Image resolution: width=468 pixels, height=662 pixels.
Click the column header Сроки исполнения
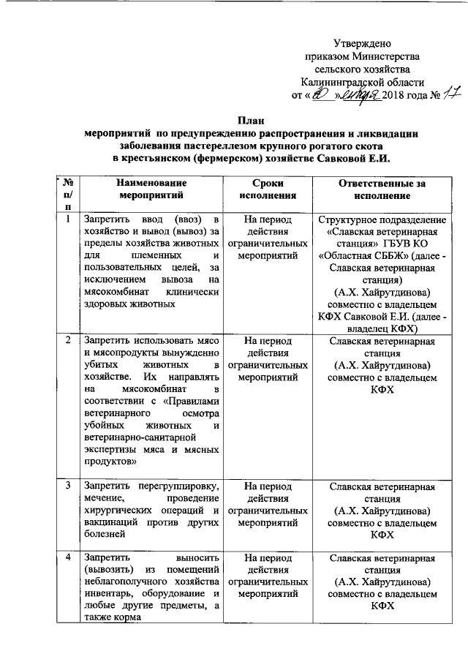click(266, 189)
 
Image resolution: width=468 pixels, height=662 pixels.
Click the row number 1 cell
click(68, 218)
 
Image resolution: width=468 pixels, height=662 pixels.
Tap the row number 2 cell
click(68, 340)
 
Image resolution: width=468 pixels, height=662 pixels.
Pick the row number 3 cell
click(68, 485)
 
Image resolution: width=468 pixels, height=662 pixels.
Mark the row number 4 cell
click(68, 558)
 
